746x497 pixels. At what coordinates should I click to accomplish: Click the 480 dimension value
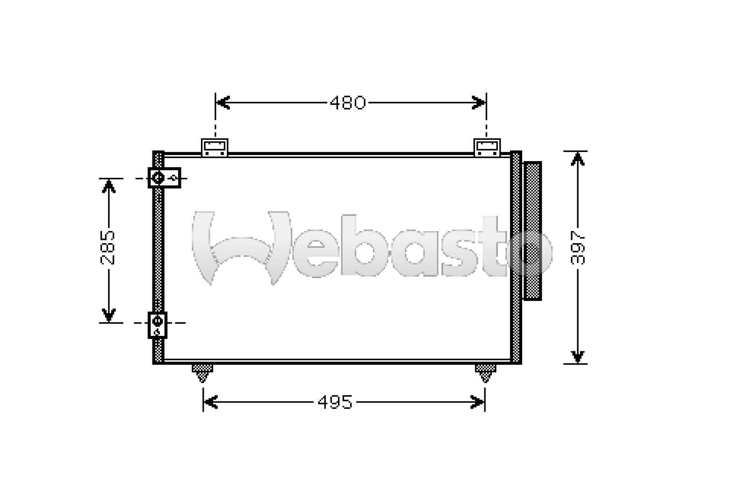coord(348,103)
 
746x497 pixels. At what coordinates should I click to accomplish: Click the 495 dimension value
coord(335,402)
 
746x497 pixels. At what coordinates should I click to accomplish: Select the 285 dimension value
coord(108,247)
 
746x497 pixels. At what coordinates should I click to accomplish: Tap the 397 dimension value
coord(577,247)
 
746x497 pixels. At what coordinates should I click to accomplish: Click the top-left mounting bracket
coord(214,147)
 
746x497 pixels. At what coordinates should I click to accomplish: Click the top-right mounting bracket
coord(487,147)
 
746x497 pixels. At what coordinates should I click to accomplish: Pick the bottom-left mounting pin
coord(202,373)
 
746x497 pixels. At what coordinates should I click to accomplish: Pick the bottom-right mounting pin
coord(485,373)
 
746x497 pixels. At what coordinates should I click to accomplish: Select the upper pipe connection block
coord(164,178)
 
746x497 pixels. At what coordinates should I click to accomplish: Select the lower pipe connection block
coord(158,325)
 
